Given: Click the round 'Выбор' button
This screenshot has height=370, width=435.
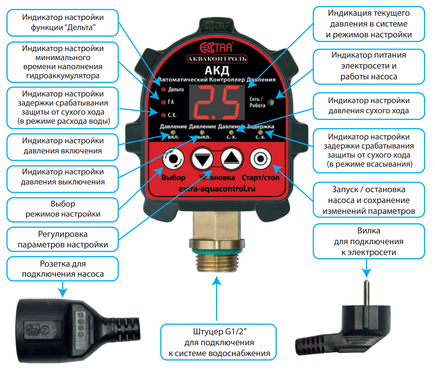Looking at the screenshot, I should [173, 159].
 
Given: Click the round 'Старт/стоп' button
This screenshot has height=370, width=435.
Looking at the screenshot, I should [261, 159].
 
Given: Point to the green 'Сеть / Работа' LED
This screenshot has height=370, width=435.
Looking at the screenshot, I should [271, 102].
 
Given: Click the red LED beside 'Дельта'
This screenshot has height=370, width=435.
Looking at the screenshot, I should [163, 89].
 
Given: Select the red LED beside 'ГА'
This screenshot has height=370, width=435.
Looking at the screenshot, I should [163, 102].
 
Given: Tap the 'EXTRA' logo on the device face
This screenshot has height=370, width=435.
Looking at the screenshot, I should [216, 47].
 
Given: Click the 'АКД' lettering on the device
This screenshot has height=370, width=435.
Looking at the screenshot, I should [217, 70].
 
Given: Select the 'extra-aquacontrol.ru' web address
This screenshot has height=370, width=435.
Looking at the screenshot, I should [217, 189].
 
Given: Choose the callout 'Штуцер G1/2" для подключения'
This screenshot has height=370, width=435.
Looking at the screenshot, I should [219, 342].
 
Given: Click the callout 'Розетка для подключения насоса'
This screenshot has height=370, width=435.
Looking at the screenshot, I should [63, 269].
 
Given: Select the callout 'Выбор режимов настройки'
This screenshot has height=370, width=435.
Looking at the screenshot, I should [63, 209].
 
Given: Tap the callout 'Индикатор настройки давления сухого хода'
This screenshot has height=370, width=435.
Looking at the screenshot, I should [369, 106].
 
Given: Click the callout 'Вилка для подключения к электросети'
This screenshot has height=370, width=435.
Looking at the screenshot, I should [369, 241].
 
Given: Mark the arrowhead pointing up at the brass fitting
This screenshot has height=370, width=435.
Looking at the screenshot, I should [217, 281].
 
